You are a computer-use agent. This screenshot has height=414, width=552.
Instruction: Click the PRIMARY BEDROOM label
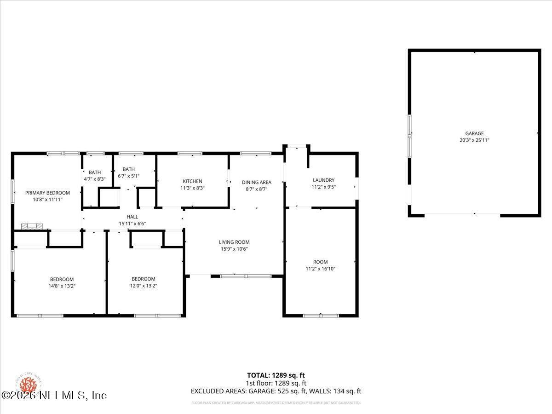point(47,193)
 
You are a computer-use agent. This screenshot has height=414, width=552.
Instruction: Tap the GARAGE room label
point(474,134)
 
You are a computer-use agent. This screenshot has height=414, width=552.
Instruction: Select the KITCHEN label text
point(192,181)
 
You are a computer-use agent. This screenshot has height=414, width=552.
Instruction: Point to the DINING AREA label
point(256,182)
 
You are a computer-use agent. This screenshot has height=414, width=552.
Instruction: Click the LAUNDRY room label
point(323,180)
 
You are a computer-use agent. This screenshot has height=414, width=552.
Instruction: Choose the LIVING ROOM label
point(234,242)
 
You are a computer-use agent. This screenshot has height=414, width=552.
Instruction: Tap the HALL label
point(132,217)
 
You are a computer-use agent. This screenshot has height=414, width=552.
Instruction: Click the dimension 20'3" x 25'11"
point(474,141)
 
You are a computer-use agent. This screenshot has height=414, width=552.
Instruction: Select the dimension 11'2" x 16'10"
point(321,269)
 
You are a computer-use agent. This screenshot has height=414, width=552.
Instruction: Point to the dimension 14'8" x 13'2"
point(62,286)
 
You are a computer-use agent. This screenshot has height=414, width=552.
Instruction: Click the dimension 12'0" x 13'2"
point(143,286)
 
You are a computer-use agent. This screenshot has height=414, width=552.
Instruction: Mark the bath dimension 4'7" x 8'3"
point(95,179)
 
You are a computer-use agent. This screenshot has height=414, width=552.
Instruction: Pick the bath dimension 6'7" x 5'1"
point(128,176)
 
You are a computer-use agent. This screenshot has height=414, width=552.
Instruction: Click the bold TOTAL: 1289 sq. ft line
point(276,375)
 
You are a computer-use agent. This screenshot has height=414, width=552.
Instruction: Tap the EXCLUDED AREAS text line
point(276,391)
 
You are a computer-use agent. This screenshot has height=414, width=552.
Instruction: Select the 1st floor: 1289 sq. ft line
point(276,383)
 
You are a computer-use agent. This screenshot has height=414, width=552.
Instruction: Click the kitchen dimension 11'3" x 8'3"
point(192,188)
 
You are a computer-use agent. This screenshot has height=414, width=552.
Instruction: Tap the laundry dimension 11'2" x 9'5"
point(323,187)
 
